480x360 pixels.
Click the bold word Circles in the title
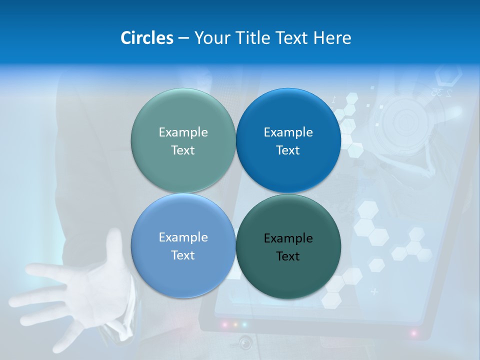(147, 38)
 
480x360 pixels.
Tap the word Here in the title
(332, 38)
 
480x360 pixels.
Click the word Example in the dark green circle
(288, 238)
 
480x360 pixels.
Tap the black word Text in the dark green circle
(288, 256)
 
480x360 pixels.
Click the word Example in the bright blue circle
(288, 132)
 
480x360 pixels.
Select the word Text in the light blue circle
(183, 255)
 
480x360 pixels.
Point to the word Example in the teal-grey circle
(183, 132)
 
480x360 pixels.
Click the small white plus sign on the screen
(374, 291)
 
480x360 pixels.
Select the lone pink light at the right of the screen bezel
(413, 332)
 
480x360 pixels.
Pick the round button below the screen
(245, 342)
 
